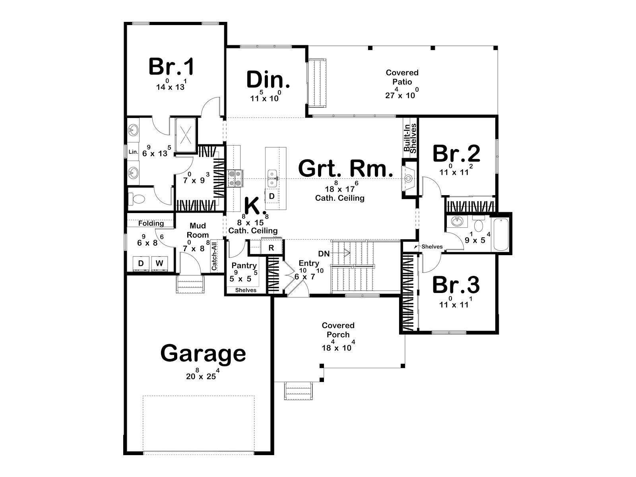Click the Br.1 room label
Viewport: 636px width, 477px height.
tap(171, 67)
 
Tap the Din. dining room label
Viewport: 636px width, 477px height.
tap(268, 79)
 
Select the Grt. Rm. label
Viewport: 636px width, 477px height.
tap(345, 169)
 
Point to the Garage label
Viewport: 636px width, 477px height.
tap(203, 354)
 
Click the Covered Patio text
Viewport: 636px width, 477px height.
tap(402, 77)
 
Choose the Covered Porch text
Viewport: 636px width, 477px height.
tap(338, 330)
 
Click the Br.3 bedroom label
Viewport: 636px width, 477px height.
tap(456, 285)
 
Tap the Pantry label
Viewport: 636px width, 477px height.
tap(244, 266)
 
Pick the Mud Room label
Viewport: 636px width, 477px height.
tap(198, 230)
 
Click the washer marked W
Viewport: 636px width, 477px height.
tap(159, 263)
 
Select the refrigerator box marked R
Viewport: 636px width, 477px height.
tap(271, 248)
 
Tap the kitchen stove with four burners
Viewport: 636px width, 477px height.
tap(236, 178)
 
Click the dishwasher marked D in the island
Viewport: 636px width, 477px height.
tap(272, 196)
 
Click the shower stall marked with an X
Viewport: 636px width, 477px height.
tap(186, 135)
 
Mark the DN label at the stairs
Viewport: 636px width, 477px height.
tap(324, 254)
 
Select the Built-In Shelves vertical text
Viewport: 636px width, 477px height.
tap(410, 138)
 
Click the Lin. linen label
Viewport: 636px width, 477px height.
tap(133, 152)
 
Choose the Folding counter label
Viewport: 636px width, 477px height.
tap(151, 223)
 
